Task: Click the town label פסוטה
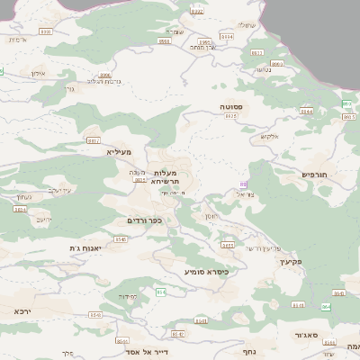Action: tap(231, 106)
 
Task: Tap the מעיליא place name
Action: tap(119, 153)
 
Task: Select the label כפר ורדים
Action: tap(144, 220)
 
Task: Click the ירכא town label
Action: tap(22, 310)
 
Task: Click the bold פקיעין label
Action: tap(288, 261)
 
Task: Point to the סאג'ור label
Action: tap(306, 334)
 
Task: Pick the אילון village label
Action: tap(38, 73)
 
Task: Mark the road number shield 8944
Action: tap(307, 112)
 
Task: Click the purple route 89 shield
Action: tap(243, 184)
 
